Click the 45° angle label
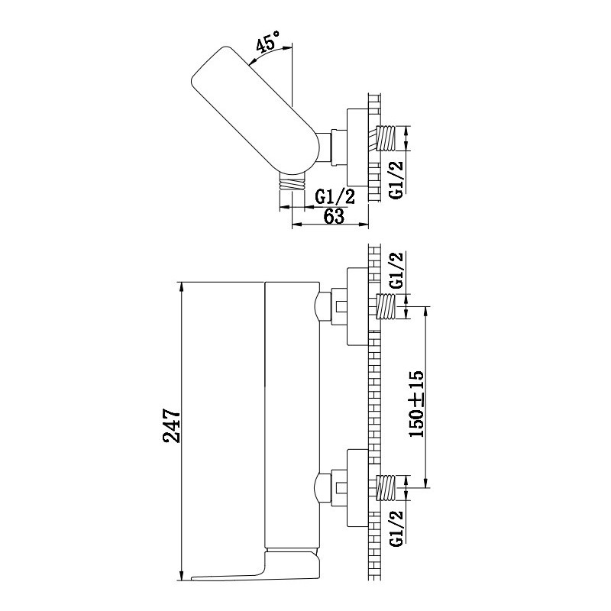tap(268, 40)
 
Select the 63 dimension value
tap(334, 216)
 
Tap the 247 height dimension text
tap(172, 425)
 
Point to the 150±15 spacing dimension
tap(416, 404)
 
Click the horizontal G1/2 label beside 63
tap(335, 197)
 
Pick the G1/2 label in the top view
tap(396, 179)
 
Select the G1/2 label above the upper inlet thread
tap(396, 270)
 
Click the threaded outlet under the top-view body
tap(293, 182)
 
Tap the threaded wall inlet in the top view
tap(386, 138)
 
